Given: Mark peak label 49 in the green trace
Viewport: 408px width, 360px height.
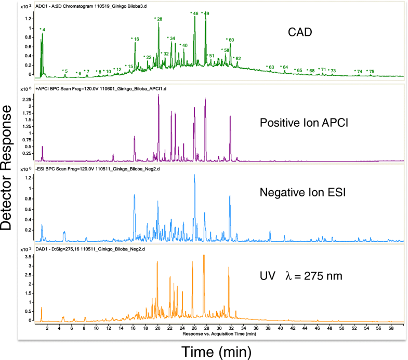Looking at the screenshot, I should [x=206, y=13].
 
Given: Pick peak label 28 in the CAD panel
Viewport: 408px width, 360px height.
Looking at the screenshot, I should [x=159, y=19].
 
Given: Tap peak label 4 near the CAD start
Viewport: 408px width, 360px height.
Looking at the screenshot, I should [x=43, y=30].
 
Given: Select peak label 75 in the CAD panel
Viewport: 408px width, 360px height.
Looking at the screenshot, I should [x=371, y=71].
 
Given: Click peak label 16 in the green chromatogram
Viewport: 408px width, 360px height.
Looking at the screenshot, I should [x=136, y=39].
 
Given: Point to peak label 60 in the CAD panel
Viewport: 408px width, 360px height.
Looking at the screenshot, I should [x=230, y=40].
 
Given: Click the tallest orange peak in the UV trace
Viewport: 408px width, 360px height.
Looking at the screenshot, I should [x=204, y=256].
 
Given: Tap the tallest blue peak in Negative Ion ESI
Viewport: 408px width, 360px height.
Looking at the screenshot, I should [x=194, y=176].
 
